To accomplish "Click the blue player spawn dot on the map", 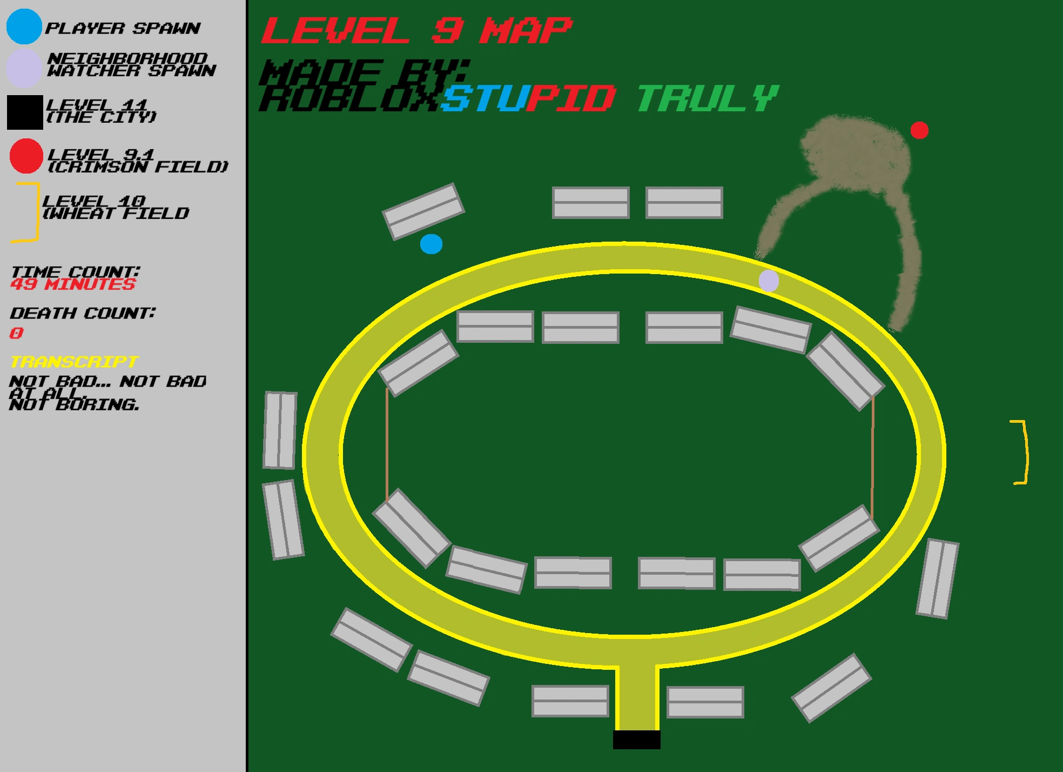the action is (431, 244).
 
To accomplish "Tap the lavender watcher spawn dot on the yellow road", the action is (769, 281).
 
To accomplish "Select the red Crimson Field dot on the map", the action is (919, 130).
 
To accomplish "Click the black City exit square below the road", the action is (636, 740).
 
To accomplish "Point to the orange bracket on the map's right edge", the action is (1022, 452).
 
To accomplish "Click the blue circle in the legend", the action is (24, 26).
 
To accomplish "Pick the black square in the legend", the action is (25, 112).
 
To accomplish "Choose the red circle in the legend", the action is (26, 156).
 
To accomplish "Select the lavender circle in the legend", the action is (24, 69).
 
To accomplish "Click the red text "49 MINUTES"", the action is (73, 284).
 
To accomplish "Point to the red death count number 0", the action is (16, 333).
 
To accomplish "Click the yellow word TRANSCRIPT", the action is (75, 362).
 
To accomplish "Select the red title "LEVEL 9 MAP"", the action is (416, 30).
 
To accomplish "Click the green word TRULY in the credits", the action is (708, 98).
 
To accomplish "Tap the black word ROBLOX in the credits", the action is (349, 99).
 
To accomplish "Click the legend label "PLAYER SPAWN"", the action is (123, 28).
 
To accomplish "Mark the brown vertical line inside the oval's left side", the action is (387, 443).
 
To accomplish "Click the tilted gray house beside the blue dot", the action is (423, 211).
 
